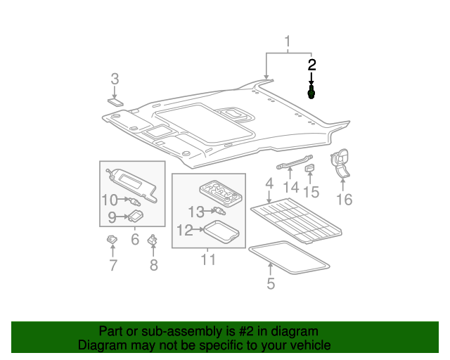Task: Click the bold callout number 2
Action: [311, 65]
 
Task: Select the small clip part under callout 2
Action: [311, 93]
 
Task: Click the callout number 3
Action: [115, 79]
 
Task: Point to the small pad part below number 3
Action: [115, 101]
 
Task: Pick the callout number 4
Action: [269, 184]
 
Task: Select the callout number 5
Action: [271, 284]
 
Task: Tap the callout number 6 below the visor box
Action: [135, 240]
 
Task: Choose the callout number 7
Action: [112, 265]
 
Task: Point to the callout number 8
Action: [153, 265]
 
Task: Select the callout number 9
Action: [111, 217]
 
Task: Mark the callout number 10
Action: [109, 200]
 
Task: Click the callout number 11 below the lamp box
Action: [208, 260]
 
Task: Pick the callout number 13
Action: [195, 211]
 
